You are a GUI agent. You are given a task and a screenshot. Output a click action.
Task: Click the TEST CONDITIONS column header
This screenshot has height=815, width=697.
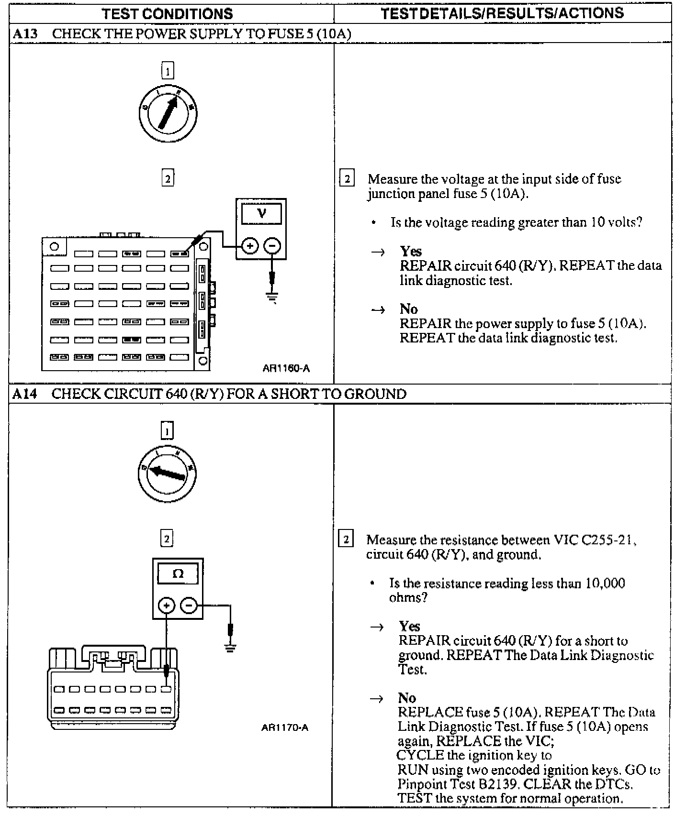[167, 13]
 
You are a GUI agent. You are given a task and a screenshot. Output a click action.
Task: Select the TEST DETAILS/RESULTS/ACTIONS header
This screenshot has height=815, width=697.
[502, 13]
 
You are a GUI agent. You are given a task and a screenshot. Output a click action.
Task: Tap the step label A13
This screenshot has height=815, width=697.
[25, 34]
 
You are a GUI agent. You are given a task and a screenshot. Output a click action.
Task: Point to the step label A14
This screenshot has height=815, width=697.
[25, 394]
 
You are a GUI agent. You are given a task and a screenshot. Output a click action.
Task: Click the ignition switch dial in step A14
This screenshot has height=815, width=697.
[167, 474]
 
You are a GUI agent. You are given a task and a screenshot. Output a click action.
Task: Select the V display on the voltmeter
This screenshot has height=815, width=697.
[261, 213]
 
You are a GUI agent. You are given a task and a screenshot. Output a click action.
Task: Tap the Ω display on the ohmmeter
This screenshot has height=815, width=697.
[178, 573]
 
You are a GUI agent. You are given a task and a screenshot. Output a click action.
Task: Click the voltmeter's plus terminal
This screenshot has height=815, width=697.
[249, 246]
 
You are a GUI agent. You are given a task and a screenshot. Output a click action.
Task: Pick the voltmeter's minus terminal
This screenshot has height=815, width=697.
[272, 246]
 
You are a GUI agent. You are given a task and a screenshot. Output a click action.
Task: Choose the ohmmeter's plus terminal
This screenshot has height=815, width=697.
[166, 606]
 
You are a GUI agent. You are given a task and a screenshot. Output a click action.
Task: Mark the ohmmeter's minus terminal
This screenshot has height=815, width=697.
[190, 606]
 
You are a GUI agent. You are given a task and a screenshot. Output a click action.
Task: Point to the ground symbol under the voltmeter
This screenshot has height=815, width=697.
[272, 298]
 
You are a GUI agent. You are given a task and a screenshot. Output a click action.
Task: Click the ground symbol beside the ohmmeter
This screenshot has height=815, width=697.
[231, 649]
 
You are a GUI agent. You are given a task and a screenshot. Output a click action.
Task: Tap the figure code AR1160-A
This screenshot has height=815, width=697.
[286, 368]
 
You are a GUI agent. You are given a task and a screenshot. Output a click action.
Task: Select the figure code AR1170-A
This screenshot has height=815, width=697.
[285, 727]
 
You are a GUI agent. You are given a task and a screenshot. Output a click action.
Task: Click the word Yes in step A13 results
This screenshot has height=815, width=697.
[411, 252]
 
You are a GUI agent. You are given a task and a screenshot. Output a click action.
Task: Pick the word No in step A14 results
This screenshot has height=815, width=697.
[406, 698]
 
